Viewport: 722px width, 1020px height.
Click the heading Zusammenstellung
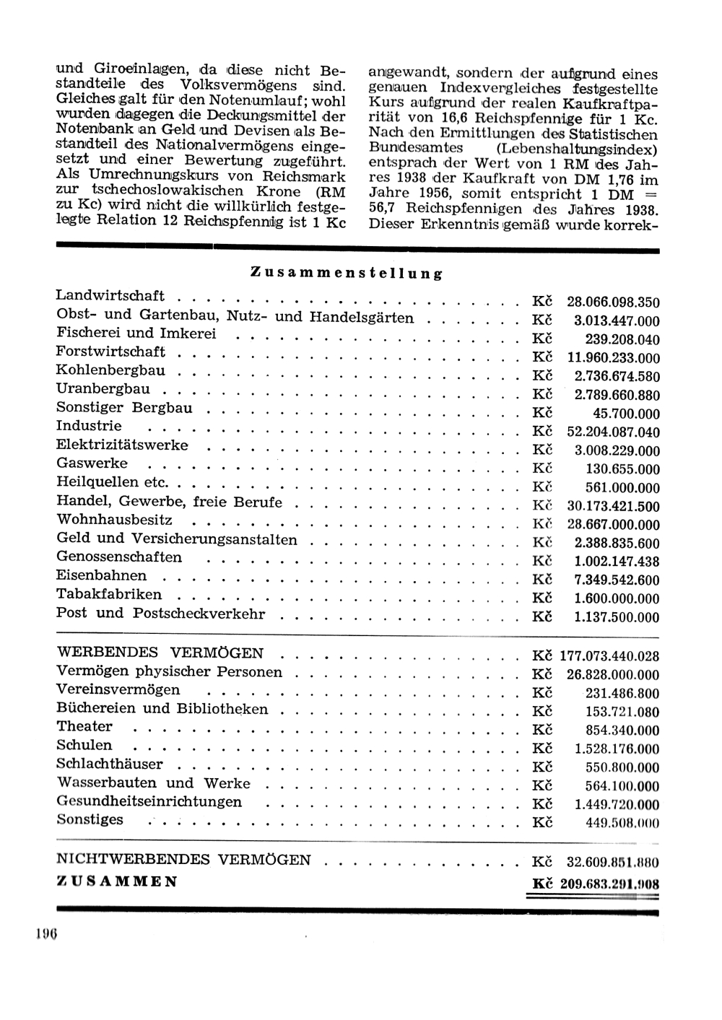[346, 273]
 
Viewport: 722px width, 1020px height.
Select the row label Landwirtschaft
[110, 295]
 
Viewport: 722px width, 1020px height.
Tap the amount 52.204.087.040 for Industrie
[614, 432]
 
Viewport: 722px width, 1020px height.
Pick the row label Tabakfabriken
[109, 594]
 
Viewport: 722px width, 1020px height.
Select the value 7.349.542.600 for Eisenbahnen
[617, 580]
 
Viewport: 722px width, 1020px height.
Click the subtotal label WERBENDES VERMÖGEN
[160, 653]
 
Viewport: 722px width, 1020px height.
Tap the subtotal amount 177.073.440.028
[609, 656]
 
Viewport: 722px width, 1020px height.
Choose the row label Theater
[84, 726]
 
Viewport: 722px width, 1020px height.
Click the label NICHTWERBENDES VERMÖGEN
[183, 859]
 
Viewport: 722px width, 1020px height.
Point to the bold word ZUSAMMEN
[117, 881]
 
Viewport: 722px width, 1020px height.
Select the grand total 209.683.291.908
[609, 884]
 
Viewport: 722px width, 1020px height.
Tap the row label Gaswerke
[92, 463]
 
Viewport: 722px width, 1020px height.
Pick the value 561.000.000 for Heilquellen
[622, 488]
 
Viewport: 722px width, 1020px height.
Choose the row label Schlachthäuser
[110, 764]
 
